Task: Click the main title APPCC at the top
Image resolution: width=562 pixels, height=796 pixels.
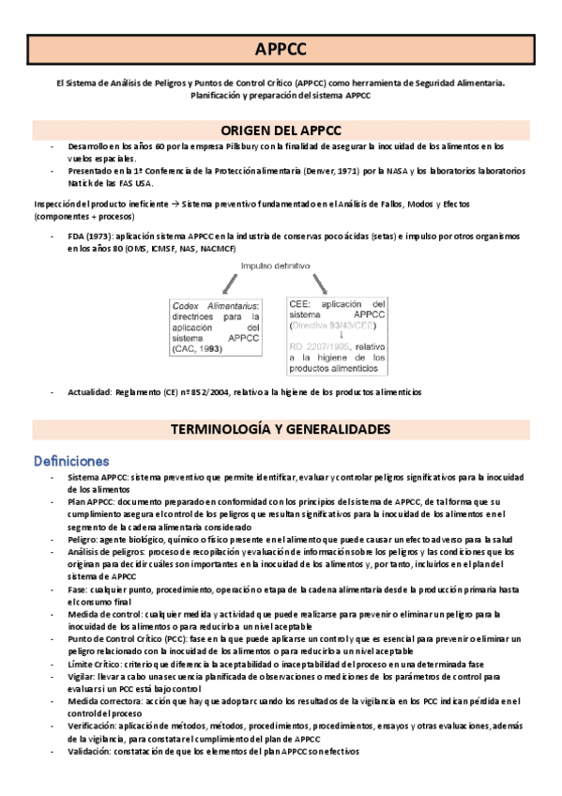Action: click(x=281, y=50)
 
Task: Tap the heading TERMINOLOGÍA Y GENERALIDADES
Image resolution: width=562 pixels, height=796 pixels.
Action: click(x=281, y=429)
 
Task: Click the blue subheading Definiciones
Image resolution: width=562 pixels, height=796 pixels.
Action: click(x=72, y=461)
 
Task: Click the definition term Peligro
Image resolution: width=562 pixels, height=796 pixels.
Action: click(x=84, y=539)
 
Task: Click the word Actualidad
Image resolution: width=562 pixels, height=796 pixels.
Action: click(x=89, y=391)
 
